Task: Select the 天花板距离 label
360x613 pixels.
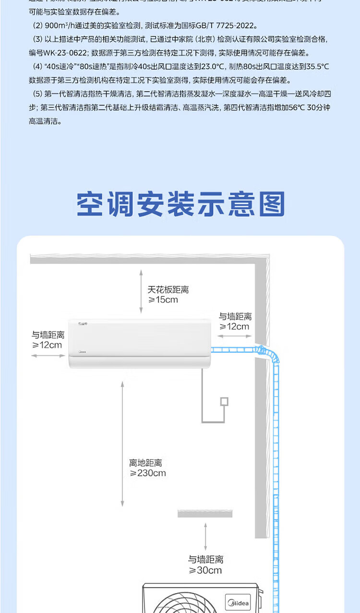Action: [x=168, y=290]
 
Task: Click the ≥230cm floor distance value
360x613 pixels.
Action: [x=148, y=473]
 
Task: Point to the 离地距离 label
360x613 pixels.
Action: [x=145, y=463]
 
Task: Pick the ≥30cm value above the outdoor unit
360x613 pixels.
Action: [x=205, y=570]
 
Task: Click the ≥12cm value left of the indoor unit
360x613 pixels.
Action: [x=47, y=345]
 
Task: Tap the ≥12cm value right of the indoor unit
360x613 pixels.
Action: [x=235, y=327]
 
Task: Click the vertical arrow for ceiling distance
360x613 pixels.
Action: [x=141, y=291]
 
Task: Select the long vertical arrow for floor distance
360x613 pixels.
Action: [x=122, y=443]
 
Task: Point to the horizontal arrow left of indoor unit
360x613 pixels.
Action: [x=48, y=355]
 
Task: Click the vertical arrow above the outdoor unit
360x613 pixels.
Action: [x=205, y=537]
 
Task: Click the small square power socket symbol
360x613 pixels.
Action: [x=224, y=402]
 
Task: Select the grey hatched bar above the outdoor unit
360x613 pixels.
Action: [x=205, y=514]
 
